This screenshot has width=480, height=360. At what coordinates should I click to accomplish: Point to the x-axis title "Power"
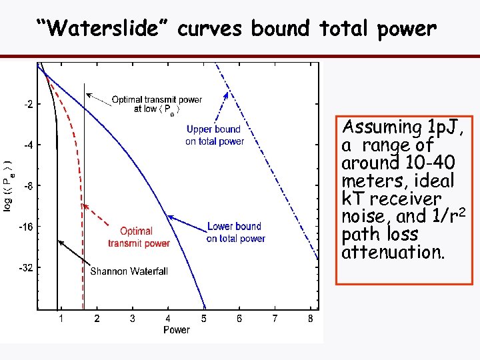pos(176,329)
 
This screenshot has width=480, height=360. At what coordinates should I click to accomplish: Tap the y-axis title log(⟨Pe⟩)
pos(7,186)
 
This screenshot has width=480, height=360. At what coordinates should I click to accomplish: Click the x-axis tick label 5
pos(204,319)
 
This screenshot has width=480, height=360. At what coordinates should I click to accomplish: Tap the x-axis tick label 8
pos(311,319)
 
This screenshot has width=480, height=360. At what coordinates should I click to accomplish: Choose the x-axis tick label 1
pos(61,319)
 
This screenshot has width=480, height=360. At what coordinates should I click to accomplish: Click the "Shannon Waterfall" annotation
pos(129,271)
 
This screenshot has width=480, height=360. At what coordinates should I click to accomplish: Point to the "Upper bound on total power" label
pos(214,135)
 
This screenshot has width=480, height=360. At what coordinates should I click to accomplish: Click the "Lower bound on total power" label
pos(235,232)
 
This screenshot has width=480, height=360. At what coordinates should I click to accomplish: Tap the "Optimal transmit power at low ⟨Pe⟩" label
pos(156,104)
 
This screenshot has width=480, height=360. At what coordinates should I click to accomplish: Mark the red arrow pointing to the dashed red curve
pos(103,220)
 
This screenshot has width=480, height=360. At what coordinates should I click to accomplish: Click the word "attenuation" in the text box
pos(379,253)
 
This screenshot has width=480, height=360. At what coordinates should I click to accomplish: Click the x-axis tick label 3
pos(133,319)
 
